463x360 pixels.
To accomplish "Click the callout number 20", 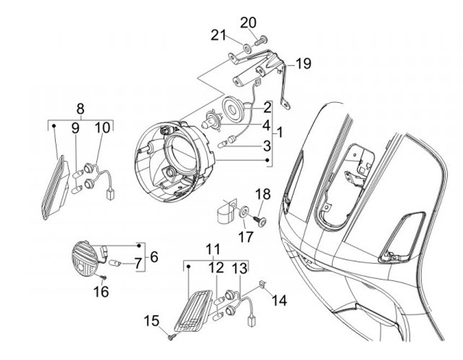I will click(248, 22).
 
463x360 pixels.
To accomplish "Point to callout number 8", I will click(80, 107).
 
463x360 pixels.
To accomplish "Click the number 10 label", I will click(102, 128).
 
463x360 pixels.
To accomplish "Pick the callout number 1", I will click(278, 133).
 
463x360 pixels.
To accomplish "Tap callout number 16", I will click(100, 291).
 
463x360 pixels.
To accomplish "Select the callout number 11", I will click(213, 249).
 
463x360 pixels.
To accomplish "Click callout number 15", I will click(151, 321).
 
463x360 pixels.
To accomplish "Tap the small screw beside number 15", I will click(170, 336).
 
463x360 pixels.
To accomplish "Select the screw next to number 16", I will click(103, 276).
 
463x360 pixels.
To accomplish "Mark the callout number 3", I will click(266, 147).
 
